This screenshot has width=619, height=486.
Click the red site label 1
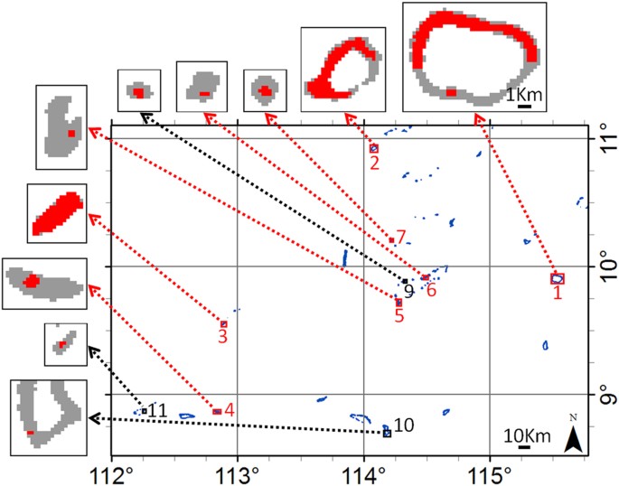point(558,294)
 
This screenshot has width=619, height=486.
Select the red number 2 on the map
point(372,164)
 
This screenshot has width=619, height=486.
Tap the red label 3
point(221,338)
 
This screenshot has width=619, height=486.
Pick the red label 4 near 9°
point(230,409)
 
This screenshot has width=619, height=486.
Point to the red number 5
point(399,315)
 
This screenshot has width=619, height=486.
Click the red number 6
point(432,291)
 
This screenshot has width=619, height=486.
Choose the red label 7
point(401,237)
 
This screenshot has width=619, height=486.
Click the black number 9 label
point(408,291)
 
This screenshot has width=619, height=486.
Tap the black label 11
point(158,410)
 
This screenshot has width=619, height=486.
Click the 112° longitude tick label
point(112,471)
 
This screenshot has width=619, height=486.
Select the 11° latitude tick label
point(599,139)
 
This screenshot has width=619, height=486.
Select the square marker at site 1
point(557,278)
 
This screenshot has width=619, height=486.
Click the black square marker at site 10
point(387,434)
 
